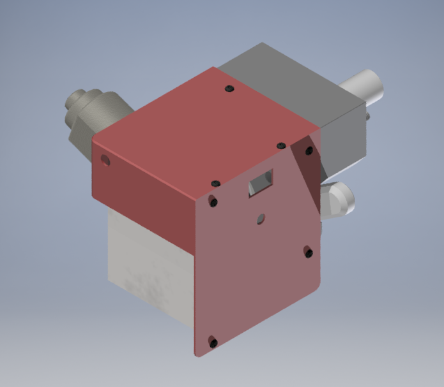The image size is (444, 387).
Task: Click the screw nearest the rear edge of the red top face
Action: click(229, 89)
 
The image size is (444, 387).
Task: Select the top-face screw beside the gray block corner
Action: click(280, 146)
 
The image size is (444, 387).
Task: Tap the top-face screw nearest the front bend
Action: click(215, 183)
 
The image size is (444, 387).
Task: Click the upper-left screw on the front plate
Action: click(213, 202)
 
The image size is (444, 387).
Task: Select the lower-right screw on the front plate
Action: click(309, 253)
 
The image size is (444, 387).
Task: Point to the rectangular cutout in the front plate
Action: click(261, 182)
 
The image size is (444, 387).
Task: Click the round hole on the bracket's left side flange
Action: click(106, 161)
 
